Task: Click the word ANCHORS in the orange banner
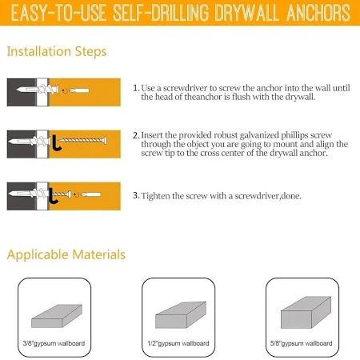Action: pos(318,13)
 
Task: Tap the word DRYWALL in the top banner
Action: pos(246,13)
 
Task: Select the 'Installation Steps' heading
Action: pos(57,52)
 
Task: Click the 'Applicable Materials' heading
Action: pos(66,254)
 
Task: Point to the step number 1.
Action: pos(136,88)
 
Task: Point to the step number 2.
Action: pos(136,135)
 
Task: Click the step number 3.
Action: pos(136,195)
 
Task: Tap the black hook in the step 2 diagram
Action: pos(56,142)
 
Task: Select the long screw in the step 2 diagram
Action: pos(82,140)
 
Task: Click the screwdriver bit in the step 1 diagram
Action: pos(79,90)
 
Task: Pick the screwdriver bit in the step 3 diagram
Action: pos(91,194)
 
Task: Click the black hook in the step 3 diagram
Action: pos(54,196)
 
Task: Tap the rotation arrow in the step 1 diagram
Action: pos(65,91)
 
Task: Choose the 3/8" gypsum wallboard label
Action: pos(54,343)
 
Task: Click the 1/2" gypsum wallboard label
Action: pos(178,343)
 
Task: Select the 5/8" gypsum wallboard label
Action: pos(302,343)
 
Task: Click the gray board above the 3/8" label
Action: pos(57,316)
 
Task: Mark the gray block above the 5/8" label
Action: pos(306,313)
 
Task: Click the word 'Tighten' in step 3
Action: pos(155,196)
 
